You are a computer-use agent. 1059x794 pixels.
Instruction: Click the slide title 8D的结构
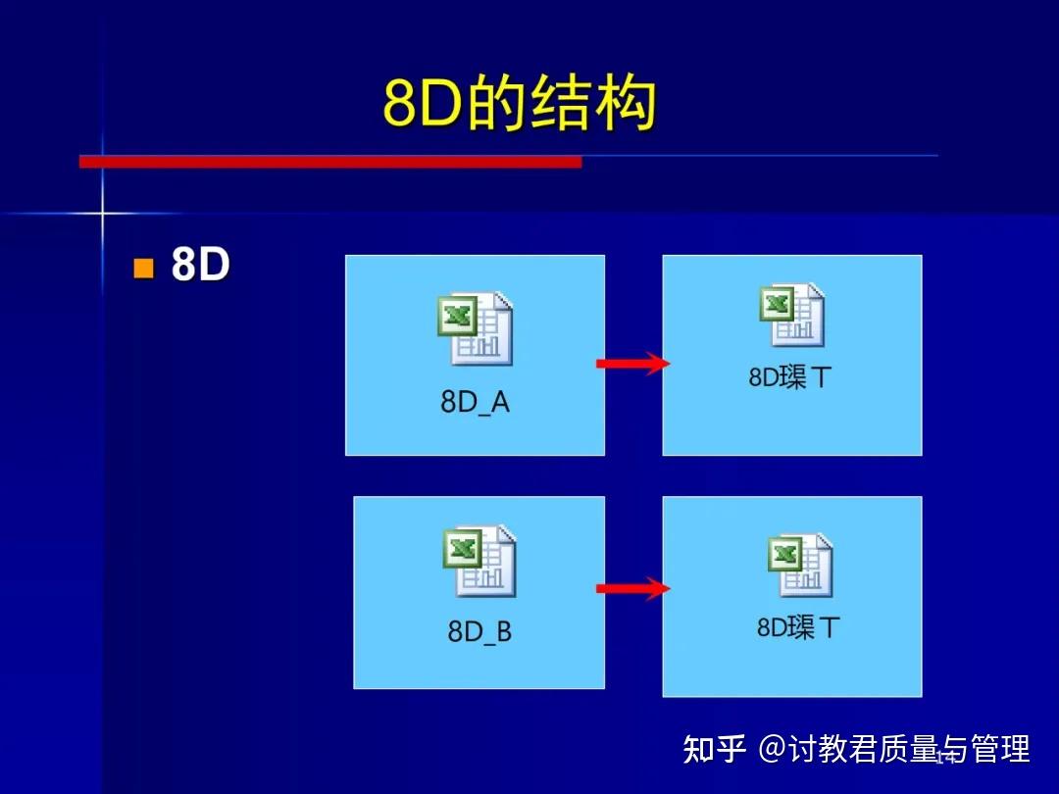pyautogui.click(x=519, y=104)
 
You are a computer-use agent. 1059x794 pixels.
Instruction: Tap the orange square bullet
pyautogui.click(x=144, y=268)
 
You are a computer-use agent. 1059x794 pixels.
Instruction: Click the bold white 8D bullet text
pyautogui.click(x=200, y=265)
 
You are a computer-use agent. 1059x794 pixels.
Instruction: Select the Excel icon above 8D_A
pyautogui.click(x=475, y=329)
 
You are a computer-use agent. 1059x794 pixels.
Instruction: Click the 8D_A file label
pyautogui.click(x=475, y=402)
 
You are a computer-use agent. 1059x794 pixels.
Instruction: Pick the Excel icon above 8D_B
pyautogui.click(x=479, y=561)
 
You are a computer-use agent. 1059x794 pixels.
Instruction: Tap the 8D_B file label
pyautogui.click(x=479, y=631)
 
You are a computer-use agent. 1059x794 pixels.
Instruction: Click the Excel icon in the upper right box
pyautogui.click(x=791, y=316)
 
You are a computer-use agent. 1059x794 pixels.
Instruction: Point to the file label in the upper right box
pyautogui.click(x=789, y=377)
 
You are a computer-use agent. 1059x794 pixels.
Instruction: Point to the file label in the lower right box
pyautogui.click(x=798, y=626)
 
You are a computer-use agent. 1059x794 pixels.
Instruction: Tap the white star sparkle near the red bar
pyautogui.click(x=102, y=212)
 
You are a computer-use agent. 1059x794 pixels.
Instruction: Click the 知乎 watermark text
pyautogui.click(x=715, y=749)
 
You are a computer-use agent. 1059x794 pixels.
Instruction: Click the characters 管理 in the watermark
pyautogui.click(x=1000, y=749)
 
